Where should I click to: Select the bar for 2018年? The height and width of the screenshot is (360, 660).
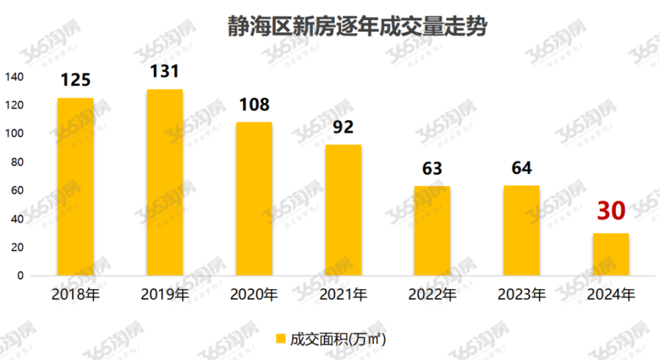point(75,186)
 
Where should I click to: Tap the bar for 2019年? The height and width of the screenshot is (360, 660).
point(164,182)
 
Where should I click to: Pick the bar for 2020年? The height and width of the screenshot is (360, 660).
point(254,199)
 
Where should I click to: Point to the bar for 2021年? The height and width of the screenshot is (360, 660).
point(343,210)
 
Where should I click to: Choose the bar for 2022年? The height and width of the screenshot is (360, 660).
point(432,230)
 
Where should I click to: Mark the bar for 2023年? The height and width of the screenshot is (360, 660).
point(522,230)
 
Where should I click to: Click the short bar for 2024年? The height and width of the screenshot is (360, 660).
point(611,254)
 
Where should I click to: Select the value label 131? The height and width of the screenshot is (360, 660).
point(164,71)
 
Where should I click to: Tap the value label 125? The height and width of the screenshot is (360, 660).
point(75,80)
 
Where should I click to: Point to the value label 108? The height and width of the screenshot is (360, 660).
point(254,104)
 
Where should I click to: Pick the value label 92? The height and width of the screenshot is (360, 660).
point(343,127)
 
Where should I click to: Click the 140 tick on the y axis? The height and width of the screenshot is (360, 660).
point(15,77)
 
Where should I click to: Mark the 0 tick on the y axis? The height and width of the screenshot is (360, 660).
point(21,275)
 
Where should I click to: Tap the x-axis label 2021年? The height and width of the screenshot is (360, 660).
point(343,295)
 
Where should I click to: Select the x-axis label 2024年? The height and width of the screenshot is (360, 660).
point(611,295)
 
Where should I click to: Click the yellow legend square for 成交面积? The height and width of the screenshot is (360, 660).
point(280,339)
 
